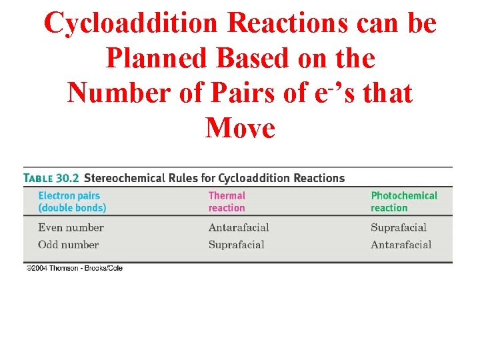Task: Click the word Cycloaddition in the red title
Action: point(131,23)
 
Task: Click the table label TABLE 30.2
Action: point(51,178)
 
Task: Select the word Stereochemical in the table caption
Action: point(127,178)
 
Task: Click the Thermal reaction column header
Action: point(227,201)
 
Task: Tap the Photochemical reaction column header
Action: point(404,201)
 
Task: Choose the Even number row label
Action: point(71,228)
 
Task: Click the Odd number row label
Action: point(68,244)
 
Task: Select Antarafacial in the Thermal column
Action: point(238,228)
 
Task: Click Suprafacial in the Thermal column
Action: point(236,244)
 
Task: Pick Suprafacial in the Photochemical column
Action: point(398,228)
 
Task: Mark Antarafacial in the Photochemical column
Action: point(401,244)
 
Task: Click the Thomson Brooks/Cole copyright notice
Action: point(74,268)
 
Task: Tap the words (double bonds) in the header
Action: point(72,207)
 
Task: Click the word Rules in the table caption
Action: point(187,178)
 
